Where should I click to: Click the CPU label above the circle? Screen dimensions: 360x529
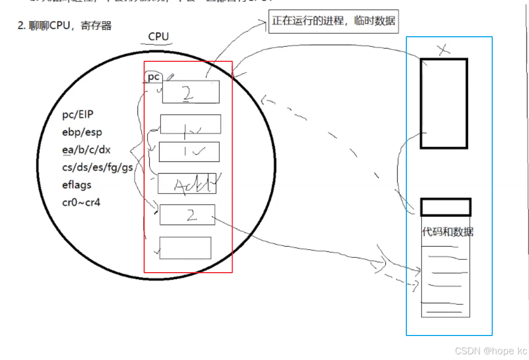[158, 37]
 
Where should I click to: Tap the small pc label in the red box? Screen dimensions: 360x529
[154, 77]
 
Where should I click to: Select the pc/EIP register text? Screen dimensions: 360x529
[78, 114]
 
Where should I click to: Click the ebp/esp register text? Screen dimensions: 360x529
[82, 132]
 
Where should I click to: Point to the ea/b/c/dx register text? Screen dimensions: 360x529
[86, 150]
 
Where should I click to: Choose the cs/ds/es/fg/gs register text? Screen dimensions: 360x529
[97, 167]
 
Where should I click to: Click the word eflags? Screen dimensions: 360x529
[77, 185]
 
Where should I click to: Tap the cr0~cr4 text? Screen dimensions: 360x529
[81, 202]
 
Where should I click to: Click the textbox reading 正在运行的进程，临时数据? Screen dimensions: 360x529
[333, 21]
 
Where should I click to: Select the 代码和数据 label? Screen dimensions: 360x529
[447, 232]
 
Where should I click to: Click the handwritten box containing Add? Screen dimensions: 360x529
[187, 184]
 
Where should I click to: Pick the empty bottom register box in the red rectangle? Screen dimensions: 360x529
[185, 248]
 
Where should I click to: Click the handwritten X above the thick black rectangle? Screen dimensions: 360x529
[444, 50]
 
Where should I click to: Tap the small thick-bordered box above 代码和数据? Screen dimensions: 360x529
[445, 207]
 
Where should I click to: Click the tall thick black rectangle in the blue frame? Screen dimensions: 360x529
[444, 103]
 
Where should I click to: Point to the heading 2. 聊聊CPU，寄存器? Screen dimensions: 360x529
[64, 26]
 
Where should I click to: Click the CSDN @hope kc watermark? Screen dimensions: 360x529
[491, 351]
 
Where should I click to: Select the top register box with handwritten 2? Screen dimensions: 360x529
[191, 92]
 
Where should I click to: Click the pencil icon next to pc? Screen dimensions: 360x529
[170, 77]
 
